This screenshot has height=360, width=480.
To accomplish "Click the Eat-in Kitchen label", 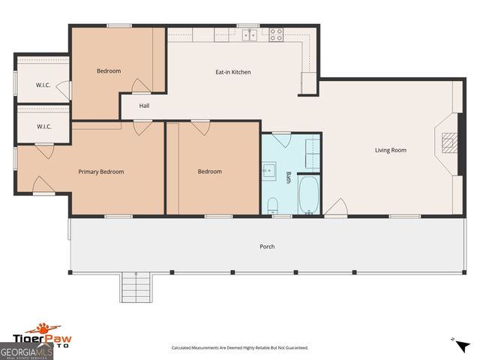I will (x=232, y=72).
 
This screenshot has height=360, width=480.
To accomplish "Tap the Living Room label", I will (x=391, y=150).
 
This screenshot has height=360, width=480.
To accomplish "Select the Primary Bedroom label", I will (x=101, y=172).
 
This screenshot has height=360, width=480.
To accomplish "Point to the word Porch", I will (x=267, y=247).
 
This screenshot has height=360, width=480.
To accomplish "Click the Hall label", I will (x=144, y=106).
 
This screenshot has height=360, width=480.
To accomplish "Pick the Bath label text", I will (x=289, y=178).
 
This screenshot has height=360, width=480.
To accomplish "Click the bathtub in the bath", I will (x=309, y=195).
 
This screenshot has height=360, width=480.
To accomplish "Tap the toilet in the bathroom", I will (x=273, y=205).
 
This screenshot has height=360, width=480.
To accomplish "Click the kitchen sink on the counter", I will (x=249, y=34).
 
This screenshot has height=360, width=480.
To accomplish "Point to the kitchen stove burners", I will (x=275, y=34).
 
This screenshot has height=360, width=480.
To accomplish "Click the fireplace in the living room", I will (x=447, y=143).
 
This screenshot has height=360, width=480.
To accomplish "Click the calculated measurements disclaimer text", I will (x=239, y=348).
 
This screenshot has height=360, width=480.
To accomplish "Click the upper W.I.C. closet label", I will (x=43, y=85).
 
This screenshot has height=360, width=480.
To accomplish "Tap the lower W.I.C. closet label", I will (x=43, y=127).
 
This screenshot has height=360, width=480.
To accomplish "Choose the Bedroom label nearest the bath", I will (x=210, y=172).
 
